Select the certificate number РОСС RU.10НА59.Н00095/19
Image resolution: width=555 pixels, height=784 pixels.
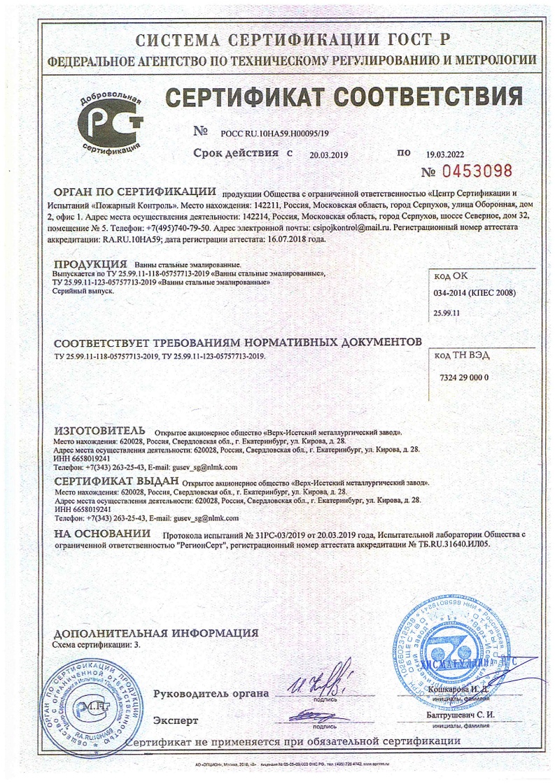point(274,132)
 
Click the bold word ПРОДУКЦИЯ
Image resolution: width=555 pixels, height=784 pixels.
point(85,264)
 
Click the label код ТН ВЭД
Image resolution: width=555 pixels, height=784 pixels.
point(462,355)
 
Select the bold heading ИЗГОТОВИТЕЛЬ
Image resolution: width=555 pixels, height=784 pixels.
point(99,429)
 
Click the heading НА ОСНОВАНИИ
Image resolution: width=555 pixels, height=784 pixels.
point(103,534)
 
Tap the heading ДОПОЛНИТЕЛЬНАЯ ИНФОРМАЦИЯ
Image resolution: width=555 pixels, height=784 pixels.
point(155,633)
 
